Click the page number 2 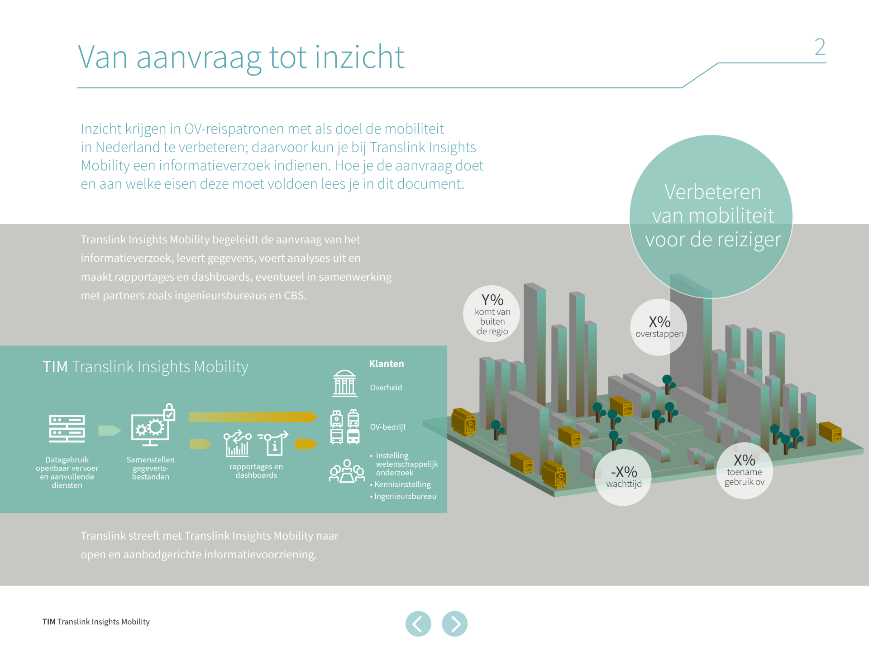[820, 47]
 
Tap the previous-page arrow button [418, 623]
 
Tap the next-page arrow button [454, 623]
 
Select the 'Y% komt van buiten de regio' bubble [492, 314]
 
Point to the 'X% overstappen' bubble [659, 327]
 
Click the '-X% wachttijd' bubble [624, 477]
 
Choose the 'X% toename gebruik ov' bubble [745, 470]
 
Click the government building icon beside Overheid [345, 384]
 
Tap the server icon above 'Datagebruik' [67, 428]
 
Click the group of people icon [347, 471]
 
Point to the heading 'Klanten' [387, 364]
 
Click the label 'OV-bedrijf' [388, 427]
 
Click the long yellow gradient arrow [253, 417]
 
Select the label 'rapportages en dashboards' [256, 471]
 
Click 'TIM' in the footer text [49, 622]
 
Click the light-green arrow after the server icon [110, 430]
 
